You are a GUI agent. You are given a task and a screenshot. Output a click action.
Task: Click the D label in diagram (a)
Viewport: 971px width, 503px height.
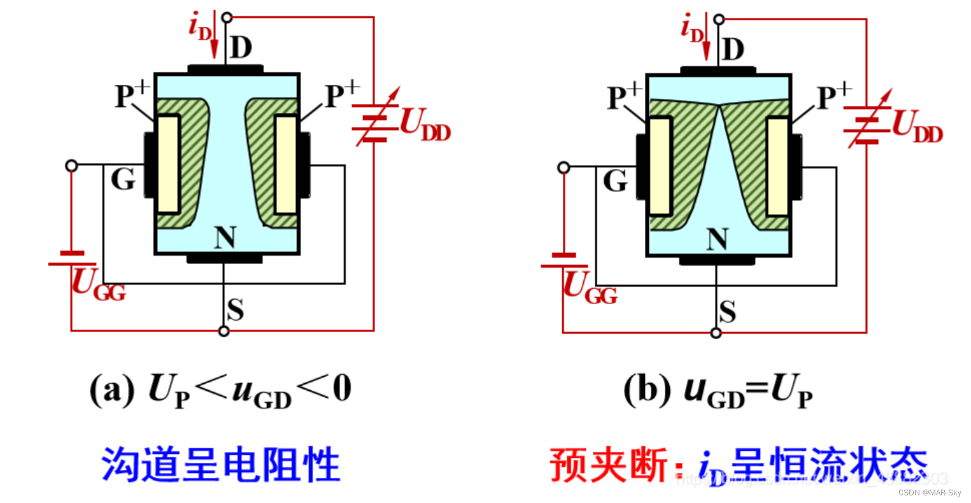point(241,48)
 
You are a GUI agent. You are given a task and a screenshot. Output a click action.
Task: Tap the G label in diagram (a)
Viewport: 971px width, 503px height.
point(123,180)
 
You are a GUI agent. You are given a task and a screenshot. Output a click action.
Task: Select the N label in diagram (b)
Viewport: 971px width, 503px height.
point(718,239)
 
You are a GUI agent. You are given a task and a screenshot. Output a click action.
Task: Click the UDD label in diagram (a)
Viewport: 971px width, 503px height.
point(425,124)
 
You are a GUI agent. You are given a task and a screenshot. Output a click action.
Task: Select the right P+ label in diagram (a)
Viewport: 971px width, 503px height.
point(342,96)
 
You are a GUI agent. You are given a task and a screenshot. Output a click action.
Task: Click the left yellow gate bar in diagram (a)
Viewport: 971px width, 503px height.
point(168,164)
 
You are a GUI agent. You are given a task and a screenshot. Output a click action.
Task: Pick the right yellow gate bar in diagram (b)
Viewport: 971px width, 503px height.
point(778,166)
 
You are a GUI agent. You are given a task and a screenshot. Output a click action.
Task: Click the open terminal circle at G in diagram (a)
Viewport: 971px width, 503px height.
point(72,166)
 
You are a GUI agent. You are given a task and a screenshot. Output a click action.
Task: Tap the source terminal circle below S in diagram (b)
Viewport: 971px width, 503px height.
point(716,333)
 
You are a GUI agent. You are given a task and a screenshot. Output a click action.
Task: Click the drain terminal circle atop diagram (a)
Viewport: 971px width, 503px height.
point(225,17)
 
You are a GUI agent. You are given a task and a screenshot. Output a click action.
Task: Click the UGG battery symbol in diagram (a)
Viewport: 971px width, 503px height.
point(72,258)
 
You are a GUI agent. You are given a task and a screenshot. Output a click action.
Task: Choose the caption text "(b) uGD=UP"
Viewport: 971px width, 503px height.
point(718,389)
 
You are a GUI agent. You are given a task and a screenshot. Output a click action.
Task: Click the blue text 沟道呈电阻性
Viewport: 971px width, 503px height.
point(220,464)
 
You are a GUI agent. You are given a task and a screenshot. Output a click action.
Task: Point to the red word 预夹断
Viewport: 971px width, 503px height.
point(608,465)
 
